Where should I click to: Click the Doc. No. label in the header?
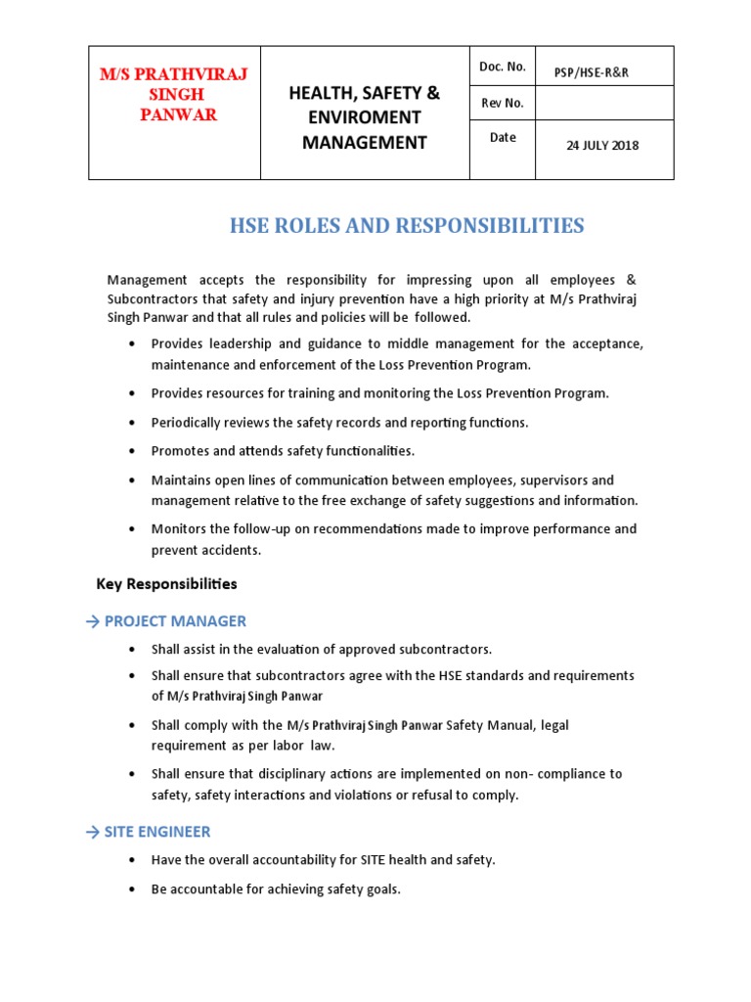click(503, 67)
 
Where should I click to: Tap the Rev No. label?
click(502, 103)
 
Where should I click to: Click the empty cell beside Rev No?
click(603, 103)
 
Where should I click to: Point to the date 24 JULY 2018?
click(602, 146)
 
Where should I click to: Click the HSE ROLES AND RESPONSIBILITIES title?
click(407, 226)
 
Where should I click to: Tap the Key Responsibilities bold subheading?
click(166, 584)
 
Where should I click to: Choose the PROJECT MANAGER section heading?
click(175, 621)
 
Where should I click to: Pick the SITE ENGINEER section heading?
click(157, 832)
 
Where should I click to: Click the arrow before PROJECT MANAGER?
click(93, 621)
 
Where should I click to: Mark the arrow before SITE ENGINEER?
click(93, 832)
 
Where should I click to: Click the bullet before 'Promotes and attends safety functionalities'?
click(132, 452)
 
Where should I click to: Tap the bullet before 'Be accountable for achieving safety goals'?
click(132, 890)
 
